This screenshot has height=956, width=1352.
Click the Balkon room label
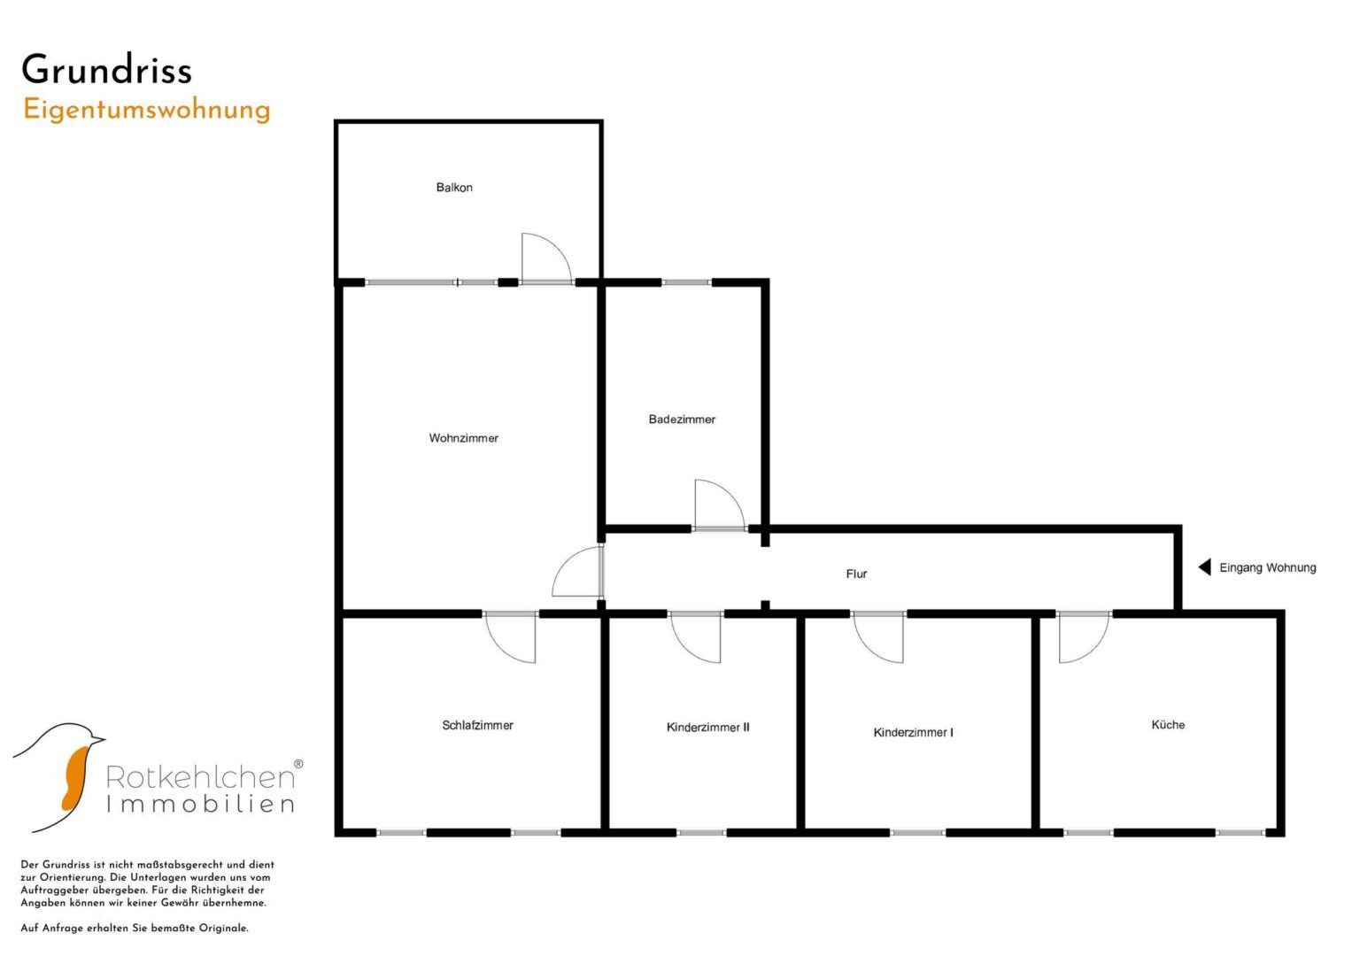click(x=454, y=188)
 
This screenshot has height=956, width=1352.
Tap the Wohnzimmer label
click(x=464, y=438)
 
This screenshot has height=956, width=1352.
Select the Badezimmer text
click(x=682, y=420)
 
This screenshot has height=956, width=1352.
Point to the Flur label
click(x=856, y=574)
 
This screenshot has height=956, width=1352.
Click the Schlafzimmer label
click(x=477, y=726)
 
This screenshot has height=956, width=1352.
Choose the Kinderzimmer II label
click(x=708, y=728)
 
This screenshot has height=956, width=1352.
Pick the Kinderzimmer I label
click(x=913, y=733)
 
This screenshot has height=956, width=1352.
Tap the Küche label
click(x=1168, y=725)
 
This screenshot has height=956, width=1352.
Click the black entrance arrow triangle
click(x=1205, y=567)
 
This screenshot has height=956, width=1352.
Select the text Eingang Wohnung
click(x=1268, y=568)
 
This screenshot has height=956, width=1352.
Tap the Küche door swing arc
click(x=1095, y=650)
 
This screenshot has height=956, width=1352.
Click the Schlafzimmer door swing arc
click(x=500, y=650)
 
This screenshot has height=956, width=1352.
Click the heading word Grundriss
click(x=107, y=69)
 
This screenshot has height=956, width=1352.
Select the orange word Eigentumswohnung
click(x=147, y=111)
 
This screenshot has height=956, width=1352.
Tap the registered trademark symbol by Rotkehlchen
click(x=298, y=764)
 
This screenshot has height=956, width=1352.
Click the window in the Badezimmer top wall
click(x=686, y=281)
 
